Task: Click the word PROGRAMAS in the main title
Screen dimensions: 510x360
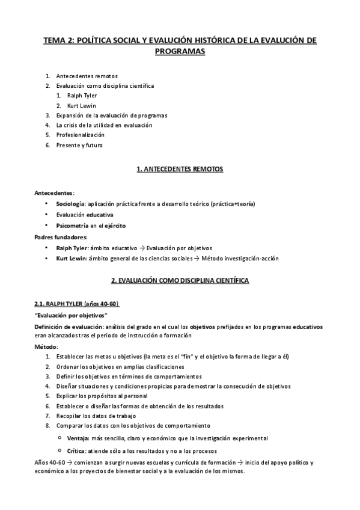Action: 180,52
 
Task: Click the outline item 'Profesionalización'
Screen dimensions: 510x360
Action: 80,135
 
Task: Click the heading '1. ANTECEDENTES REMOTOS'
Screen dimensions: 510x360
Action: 180,170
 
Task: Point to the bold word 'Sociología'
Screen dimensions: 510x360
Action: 71,204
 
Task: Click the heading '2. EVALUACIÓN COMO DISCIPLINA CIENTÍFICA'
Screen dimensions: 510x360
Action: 180,281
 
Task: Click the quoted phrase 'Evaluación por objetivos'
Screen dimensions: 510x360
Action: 72,315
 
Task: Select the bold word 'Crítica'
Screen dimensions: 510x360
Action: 77,450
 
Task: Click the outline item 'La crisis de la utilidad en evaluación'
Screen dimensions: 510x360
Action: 104,125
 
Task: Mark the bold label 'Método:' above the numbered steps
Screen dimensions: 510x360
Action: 46,347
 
